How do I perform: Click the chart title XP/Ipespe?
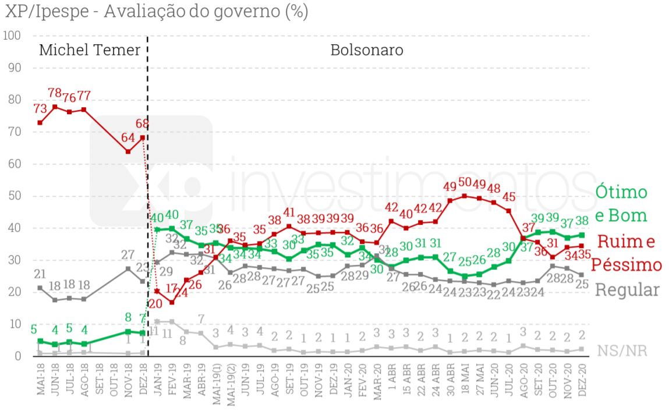coord(156,11)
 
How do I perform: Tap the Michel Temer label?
coord(89,50)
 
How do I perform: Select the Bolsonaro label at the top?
coord(367,50)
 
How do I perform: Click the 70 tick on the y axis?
coord(13,132)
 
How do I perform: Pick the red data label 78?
coord(55,93)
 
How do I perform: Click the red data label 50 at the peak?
coord(465,182)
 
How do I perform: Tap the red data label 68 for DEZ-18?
coord(143,123)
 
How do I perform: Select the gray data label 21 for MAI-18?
coord(40,274)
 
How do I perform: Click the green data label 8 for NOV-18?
coord(128,317)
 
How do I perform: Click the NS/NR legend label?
coord(622,351)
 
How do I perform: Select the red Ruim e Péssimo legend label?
coord(626,253)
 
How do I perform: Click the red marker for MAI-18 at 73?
coord(40,122)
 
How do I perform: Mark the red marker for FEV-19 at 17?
coord(172,302)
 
